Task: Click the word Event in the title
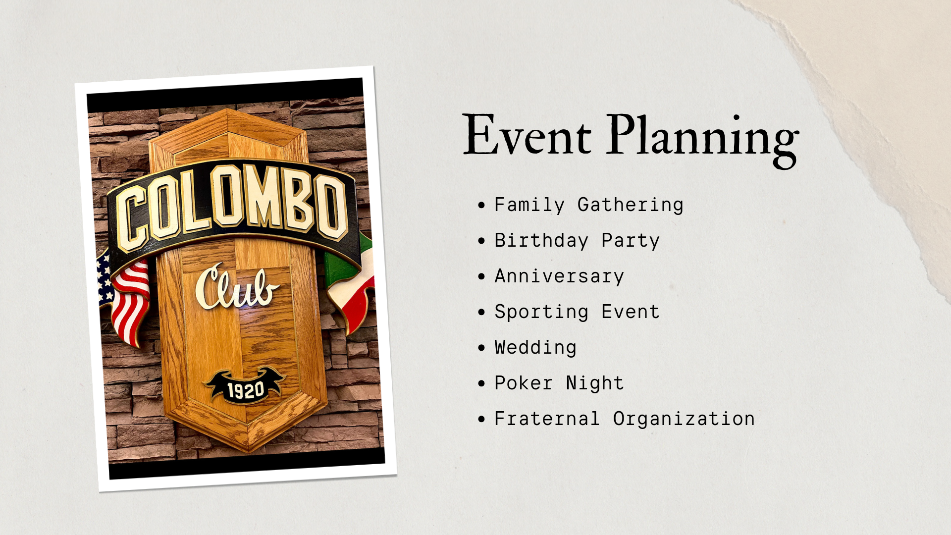click(x=527, y=135)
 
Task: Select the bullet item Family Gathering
click(x=589, y=205)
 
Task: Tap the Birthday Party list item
click(x=577, y=241)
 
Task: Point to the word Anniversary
click(x=559, y=276)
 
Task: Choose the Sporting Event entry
click(x=577, y=312)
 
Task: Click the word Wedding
click(x=535, y=348)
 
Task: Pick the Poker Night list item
click(x=559, y=383)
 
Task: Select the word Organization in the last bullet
click(x=684, y=419)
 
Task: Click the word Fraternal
click(x=547, y=419)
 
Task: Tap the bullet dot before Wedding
click(x=481, y=348)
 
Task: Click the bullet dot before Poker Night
click(x=481, y=383)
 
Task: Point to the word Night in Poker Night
click(x=595, y=383)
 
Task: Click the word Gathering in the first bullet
click(x=631, y=205)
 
